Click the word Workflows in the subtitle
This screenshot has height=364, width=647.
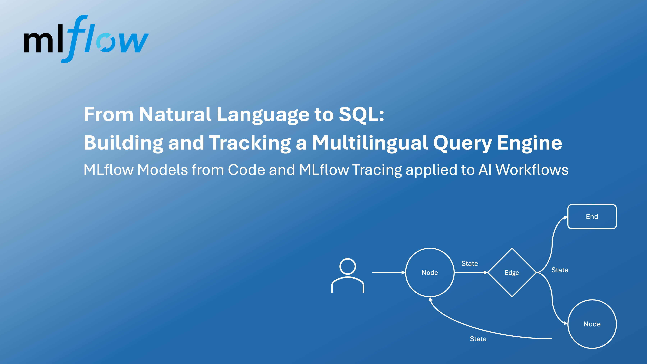532,170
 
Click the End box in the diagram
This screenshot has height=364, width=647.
592,217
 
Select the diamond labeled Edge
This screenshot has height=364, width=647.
512,273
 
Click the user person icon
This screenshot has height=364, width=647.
348,276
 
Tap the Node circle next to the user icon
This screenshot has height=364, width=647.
430,273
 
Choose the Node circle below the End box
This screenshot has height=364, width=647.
592,324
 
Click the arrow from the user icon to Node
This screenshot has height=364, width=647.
388,272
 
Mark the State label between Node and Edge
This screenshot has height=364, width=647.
469,264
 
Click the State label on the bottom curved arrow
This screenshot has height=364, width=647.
478,339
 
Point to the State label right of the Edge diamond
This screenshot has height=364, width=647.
560,270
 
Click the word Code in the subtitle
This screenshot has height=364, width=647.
246,170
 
